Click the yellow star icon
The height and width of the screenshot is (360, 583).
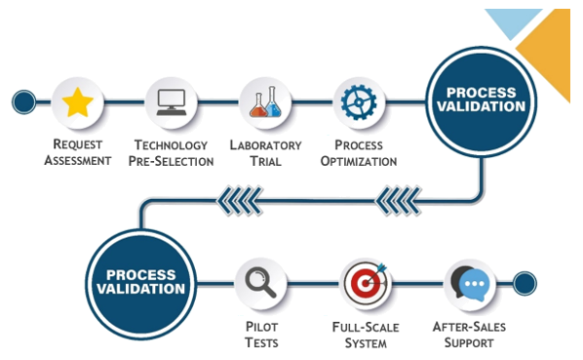(78, 102)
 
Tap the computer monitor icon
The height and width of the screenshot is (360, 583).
(172, 102)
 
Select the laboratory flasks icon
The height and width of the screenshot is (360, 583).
(265, 101)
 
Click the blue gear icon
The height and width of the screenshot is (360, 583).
(359, 102)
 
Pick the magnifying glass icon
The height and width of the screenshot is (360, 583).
(260, 283)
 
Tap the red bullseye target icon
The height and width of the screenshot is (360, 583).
(366, 282)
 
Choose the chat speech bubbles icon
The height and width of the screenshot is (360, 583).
(470, 284)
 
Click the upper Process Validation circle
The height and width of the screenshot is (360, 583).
(482, 101)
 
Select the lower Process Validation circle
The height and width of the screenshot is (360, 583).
(141, 284)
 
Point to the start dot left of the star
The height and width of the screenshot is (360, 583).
(23, 101)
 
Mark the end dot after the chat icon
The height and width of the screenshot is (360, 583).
(525, 283)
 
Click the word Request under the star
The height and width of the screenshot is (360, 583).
(78, 144)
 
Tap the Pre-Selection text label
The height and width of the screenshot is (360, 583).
(171, 161)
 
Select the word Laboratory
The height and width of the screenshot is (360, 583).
(265, 145)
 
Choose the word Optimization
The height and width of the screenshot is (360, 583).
(359, 161)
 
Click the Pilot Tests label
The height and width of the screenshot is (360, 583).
(261, 335)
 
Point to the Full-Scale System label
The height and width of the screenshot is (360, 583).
(366, 335)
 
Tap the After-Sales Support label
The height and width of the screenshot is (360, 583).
(469, 335)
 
